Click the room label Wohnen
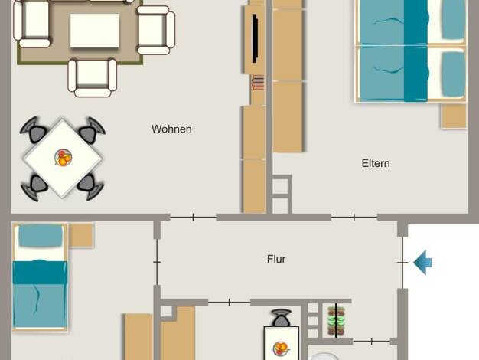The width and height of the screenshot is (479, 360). [171, 129]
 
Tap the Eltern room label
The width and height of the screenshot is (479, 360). [376, 163]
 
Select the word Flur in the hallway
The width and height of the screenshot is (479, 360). [276, 260]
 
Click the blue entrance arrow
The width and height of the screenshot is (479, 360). [423, 263]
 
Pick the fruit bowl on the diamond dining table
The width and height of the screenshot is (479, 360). [63, 158]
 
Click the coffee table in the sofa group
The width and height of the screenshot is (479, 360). [94, 31]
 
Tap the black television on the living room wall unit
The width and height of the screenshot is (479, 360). [255, 38]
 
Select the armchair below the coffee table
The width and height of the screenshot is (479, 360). [93, 77]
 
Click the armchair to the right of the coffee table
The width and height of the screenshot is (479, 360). [156, 30]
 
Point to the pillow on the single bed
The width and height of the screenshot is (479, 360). [41, 235]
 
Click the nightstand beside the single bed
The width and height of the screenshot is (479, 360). [80, 234]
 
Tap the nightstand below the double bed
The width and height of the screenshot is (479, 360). [454, 116]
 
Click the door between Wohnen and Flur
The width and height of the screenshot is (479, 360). [193, 218]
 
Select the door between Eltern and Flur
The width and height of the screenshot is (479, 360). [354, 218]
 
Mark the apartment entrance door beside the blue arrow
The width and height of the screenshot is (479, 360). [402, 263]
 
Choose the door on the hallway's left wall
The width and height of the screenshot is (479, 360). [157, 262]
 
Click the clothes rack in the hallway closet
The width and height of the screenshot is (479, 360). [336, 321]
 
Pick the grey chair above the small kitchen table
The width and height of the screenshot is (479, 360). [282, 318]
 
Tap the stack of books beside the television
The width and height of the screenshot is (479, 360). [258, 83]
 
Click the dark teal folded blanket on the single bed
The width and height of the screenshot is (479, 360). [40, 272]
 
